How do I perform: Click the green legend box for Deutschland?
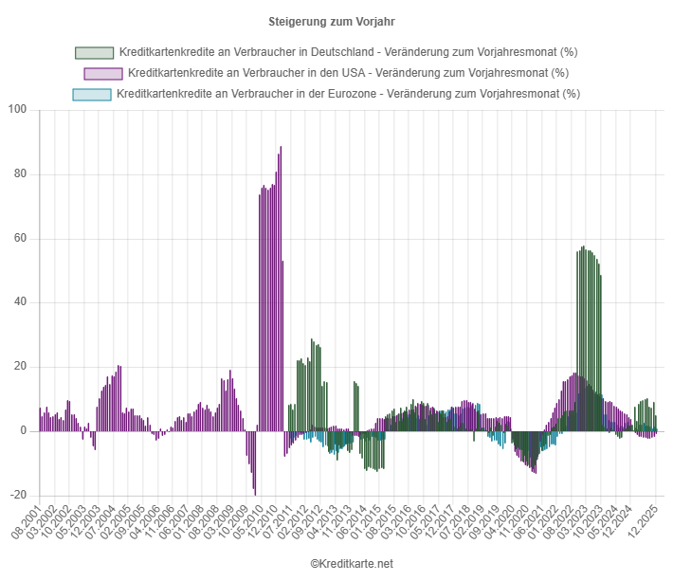pyautogui.click(x=94, y=52)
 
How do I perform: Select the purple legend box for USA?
pyautogui.click(x=103, y=73)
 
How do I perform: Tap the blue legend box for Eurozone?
pyautogui.click(x=91, y=94)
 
